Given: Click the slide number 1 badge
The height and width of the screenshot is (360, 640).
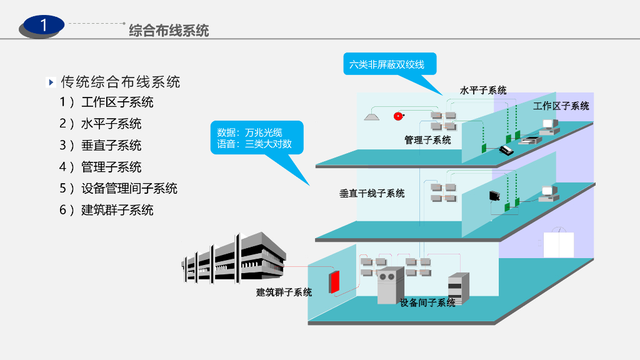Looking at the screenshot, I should point(42,26).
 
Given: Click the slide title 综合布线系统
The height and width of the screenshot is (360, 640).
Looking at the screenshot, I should point(169,30).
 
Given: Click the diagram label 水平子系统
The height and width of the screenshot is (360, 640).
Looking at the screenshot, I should point(483,91).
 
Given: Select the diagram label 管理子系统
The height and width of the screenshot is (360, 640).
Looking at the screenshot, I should point(427,140).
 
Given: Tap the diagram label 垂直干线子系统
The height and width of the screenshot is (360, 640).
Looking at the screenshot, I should point(372,193).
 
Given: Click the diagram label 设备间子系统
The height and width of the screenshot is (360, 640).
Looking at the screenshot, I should point(427,303).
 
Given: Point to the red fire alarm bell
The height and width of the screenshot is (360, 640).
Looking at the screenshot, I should point(397,116).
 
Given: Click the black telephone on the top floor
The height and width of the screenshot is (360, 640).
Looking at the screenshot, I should point(506,150).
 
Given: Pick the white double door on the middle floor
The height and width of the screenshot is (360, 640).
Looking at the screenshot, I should point(558,244).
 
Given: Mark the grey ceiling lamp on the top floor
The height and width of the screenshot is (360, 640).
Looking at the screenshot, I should point(371,116).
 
